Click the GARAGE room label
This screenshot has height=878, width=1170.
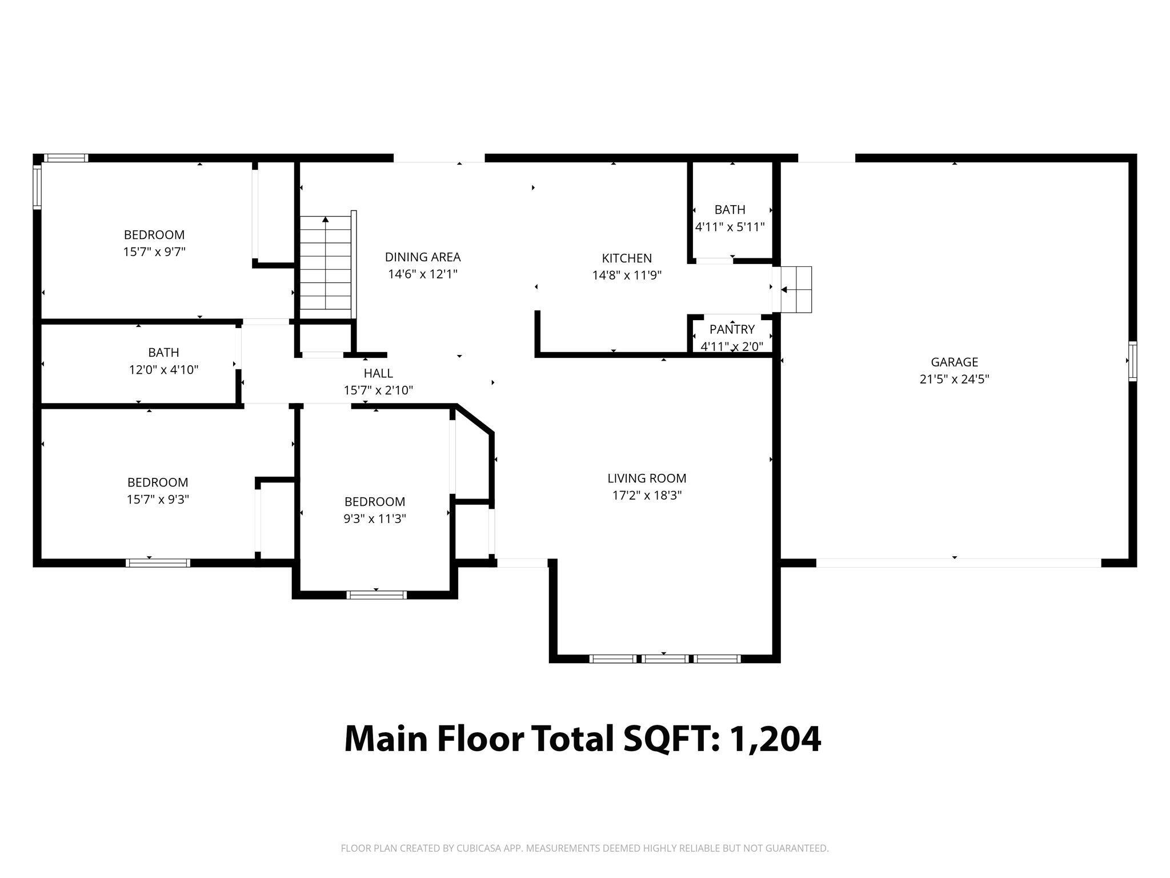(954, 362)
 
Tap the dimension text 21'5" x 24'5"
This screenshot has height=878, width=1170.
(954, 379)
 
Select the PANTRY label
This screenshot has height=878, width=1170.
(732, 329)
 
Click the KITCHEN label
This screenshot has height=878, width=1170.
(627, 258)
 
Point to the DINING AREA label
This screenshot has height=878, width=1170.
(423, 257)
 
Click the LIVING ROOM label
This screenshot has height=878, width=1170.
(647, 478)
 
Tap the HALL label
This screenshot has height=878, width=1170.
(378, 373)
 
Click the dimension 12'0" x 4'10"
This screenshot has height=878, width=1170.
(163, 370)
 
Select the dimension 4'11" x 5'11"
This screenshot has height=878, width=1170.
(730, 227)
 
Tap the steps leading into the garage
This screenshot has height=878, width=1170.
(796, 290)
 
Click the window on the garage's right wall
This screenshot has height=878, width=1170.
(1132, 361)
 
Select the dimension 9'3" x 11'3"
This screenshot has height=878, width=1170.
(375, 519)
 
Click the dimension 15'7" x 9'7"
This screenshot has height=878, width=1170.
(154, 252)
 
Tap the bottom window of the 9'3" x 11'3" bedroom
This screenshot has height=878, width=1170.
(376, 595)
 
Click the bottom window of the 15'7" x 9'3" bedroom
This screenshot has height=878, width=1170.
(158, 563)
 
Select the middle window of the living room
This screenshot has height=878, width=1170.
(664, 659)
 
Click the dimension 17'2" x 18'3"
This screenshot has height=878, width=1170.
(647, 496)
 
